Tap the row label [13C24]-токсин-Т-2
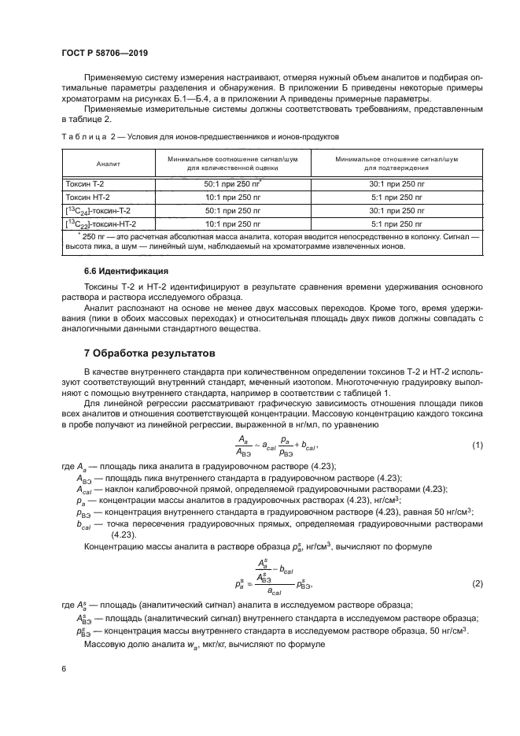pos(98,211)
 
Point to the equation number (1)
pos(476,446)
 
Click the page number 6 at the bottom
pos(64,668)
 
